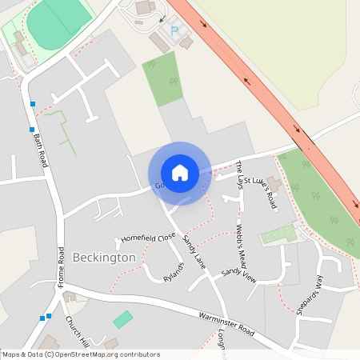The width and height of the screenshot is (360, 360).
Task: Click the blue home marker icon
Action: [x=179, y=173]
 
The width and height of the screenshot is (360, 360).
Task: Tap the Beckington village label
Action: [x=104, y=258]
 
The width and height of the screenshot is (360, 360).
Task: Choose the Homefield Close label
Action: [x=148, y=238]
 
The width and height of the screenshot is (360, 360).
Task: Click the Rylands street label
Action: [x=174, y=273]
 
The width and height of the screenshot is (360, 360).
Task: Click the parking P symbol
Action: [x=175, y=31]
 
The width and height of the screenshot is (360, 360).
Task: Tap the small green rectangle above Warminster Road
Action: [x=122, y=319]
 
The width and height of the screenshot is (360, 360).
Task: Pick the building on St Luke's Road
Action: [x=274, y=184]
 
